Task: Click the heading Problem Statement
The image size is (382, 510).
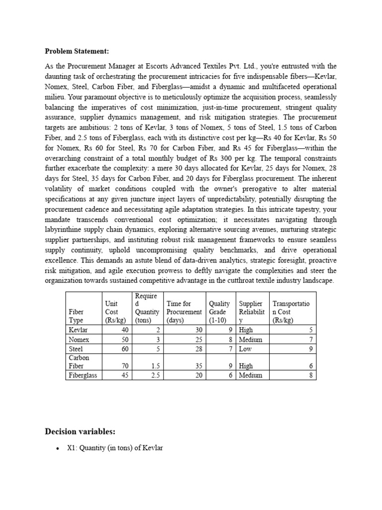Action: (77, 51)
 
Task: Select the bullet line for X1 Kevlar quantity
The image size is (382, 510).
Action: (115, 448)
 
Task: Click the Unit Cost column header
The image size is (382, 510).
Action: (115, 312)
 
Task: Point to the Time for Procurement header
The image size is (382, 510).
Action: (184, 312)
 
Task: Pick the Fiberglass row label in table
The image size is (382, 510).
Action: (82, 375)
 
